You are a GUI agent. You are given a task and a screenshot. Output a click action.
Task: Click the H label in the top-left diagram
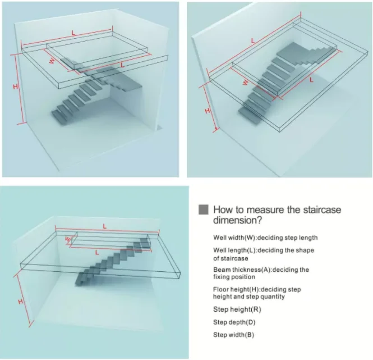click(x=16, y=86)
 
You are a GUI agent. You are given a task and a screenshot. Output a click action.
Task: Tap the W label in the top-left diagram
click(x=52, y=61)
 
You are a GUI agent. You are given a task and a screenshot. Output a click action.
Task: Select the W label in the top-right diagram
click(x=246, y=83)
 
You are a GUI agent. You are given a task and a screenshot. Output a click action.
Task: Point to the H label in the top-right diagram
click(x=208, y=111)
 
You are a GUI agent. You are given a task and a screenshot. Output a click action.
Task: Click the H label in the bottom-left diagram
click(x=20, y=302)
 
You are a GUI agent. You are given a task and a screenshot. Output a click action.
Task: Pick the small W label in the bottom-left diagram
click(x=67, y=239)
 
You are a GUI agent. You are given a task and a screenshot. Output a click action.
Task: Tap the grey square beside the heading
click(x=204, y=209)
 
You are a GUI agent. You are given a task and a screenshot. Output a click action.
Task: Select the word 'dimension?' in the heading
click(x=237, y=220)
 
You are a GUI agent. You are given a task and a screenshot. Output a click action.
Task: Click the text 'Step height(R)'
click(x=237, y=309)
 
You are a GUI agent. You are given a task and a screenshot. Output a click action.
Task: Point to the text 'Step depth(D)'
click(x=234, y=322)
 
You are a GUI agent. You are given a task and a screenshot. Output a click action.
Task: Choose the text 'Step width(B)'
click(x=233, y=335)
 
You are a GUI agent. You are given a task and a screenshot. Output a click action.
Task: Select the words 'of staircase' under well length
click(x=231, y=258)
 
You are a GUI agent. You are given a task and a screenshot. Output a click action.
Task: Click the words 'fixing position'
click(x=234, y=277)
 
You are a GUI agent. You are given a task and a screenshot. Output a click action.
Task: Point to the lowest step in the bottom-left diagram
click(x=81, y=281)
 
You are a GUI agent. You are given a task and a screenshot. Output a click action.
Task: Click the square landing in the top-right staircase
click(x=293, y=52)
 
